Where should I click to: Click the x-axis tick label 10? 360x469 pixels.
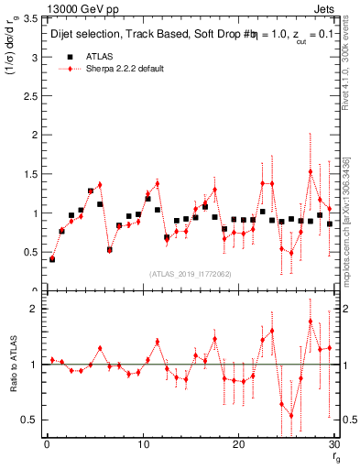(142, 446)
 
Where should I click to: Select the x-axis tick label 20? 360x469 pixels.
(238, 446)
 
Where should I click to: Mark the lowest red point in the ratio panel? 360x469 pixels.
(291, 416)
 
